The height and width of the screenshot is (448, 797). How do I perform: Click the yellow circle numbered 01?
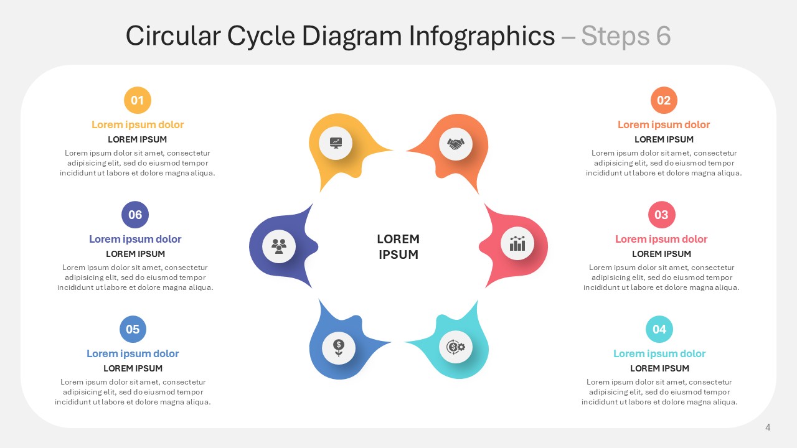pos(138,100)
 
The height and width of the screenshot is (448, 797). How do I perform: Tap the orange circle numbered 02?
pos(664,100)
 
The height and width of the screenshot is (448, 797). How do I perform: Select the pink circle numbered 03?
pos(661,215)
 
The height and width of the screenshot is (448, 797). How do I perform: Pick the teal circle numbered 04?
pos(659,329)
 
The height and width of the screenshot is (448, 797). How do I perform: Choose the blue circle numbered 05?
pos(133,329)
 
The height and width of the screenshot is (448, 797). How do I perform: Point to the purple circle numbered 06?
pos(135,215)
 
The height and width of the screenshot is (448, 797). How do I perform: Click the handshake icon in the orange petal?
pos(456,144)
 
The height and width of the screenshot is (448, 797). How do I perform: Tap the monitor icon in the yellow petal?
pos(336,143)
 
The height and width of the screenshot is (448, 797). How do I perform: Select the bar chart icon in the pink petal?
pos(517,243)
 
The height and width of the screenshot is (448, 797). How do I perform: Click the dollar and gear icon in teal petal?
pos(456,347)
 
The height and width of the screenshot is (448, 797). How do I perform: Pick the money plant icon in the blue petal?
pos(338,348)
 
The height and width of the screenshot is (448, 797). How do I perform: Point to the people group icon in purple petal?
pos(279,246)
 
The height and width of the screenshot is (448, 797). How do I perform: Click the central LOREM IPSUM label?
pos(398,247)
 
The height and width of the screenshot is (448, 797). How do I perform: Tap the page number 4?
pos(768,427)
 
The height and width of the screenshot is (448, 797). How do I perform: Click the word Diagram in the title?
pos(352,36)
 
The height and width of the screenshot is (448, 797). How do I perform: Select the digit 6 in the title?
pos(663,36)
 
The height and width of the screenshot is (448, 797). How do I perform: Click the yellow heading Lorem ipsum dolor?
pos(138,124)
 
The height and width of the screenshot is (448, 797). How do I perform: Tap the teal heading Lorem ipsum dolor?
pos(659,353)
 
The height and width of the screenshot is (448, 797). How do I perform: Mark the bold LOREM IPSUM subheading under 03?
pos(661,254)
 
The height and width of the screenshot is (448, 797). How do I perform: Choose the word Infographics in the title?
pos(482,36)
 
